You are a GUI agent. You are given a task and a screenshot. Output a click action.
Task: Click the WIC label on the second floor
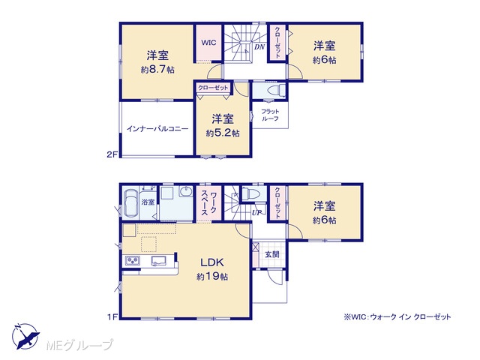point(208,43)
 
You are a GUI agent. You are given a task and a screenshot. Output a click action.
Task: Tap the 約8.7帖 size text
point(157,70)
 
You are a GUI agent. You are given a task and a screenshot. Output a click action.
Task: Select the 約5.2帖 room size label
point(223,133)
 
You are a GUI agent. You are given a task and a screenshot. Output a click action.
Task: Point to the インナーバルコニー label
point(157,128)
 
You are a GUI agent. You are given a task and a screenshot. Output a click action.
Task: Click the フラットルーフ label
point(270,115)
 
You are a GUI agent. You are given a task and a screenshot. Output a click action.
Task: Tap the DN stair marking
point(259,47)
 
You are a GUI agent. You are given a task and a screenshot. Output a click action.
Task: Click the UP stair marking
point(256,212)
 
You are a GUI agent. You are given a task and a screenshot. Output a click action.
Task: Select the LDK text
point(212,262)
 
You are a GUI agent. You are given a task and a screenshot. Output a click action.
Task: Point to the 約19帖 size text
point(212,277)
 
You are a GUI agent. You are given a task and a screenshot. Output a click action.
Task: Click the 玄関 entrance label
point(271,254)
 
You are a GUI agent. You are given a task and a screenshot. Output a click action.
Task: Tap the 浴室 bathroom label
point(148,202)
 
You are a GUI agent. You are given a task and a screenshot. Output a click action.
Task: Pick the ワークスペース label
point(209,203)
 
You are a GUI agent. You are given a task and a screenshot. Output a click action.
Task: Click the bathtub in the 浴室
point(130,202)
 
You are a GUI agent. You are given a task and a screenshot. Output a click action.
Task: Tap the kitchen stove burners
point(132,261)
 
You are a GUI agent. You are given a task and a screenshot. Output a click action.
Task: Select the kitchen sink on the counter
point(158,261)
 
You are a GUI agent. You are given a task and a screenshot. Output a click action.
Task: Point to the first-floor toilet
point(250,193)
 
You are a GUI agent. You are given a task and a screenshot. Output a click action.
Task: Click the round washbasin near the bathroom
point(186,192)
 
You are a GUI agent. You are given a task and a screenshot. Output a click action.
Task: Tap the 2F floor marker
point(112,154)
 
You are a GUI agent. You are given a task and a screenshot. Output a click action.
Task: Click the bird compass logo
point(26,336)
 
